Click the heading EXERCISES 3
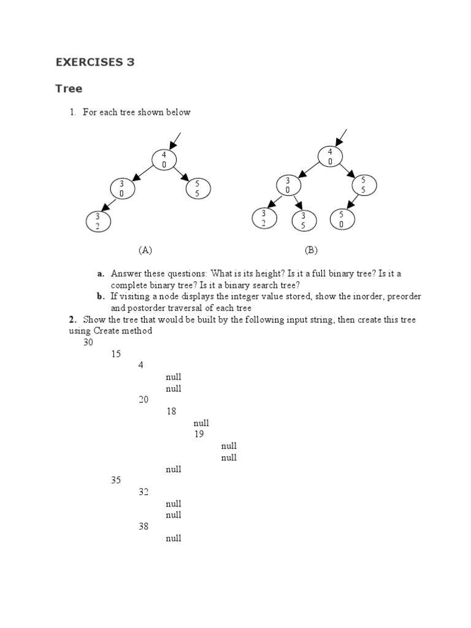pyautogui.click(x=95, y=62)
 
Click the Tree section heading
pyautogui.click(x=69, y=88)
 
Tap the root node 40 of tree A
pyautogui.click(x=164, y=159)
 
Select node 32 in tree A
pyautogui.click(x=97, y=221)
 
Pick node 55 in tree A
pyautogui.click(x=198, y=188)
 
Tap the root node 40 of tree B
pyautogui.click(x=330, y=156)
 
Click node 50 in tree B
pyautogui.click(x=342, y=219)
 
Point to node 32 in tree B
pyautogui.click(x=264, y=218)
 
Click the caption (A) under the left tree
pyautogui.click(x=145, y=250)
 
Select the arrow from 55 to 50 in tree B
pyautogui.click(x=352, y=201)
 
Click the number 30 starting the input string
pyautogui.click(x=88, y=342)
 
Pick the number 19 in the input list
pyautogui.click(x=199, y=434)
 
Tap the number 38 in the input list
pyautogui.click(x=144, y=527)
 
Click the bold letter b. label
pyautogui.click(x=101, y=297)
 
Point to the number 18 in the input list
pyautogui.click(x=171, y=412)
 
